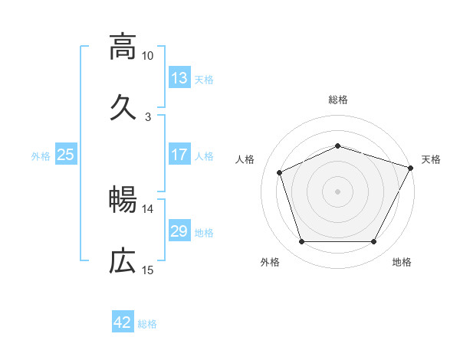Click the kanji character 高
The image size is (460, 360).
point(122,47)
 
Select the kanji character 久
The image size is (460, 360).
point(122,107)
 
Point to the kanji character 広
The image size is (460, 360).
point(122,262)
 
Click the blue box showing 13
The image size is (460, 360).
point(179,77)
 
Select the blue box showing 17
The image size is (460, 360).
point(179,155)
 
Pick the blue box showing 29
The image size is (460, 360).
point(179,231)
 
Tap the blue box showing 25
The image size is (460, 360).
point(66,155)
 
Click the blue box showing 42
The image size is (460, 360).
point(123,322)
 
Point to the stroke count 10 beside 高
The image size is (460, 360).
point(148,56)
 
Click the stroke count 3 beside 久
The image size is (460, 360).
point(148,117)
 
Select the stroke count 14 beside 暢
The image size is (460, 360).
point(148,208)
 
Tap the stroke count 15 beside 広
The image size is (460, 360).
point(148,270)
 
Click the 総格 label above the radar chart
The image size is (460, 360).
point(338,100)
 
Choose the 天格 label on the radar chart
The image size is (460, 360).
point(431,159)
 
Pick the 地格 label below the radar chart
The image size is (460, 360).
point(402,263)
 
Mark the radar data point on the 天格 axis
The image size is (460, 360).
point(411,167)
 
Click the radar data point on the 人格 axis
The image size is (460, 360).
point(280,172)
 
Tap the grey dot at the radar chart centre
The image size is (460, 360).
point(338,191)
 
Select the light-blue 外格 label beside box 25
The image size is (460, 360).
point(41,155)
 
